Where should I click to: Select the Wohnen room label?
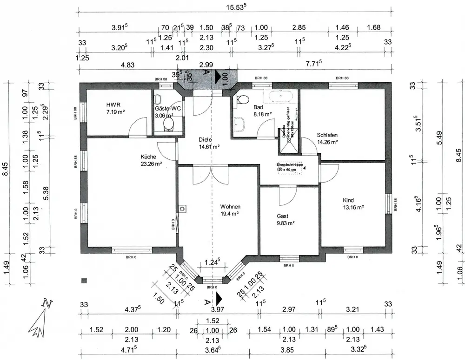[x=230, y=206]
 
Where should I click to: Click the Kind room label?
[x=348, y=200]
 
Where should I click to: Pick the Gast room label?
[x=282, y=216]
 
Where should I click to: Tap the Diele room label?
[x=205, y=139]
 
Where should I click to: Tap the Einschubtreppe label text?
[x=289, y=165]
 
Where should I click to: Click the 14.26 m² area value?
[x=327, y=142]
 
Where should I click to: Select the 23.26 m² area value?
[x=152, y=164]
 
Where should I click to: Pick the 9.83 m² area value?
[x=286, y=223]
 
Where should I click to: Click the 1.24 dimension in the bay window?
[x=212, y=263]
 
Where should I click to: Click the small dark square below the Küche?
[x=84, y=281]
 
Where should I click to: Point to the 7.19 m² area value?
[x=115, y=112]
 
